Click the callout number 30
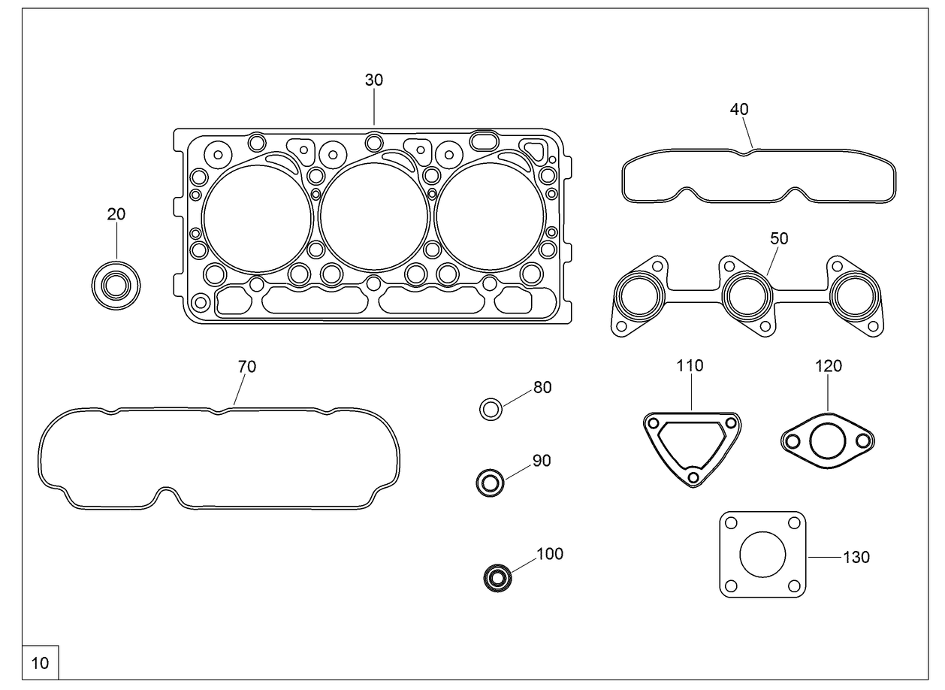374,80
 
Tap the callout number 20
116,214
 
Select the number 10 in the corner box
41,663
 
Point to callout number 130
856,558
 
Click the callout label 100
550,555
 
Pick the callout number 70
247,367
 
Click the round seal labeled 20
116,286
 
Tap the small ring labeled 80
491,410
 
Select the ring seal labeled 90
490,482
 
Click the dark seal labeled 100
497,578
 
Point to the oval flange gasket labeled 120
826,440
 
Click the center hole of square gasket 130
762,555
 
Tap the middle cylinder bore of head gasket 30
373,218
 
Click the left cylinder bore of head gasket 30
257,218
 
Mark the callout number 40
739,109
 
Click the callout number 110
690,366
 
